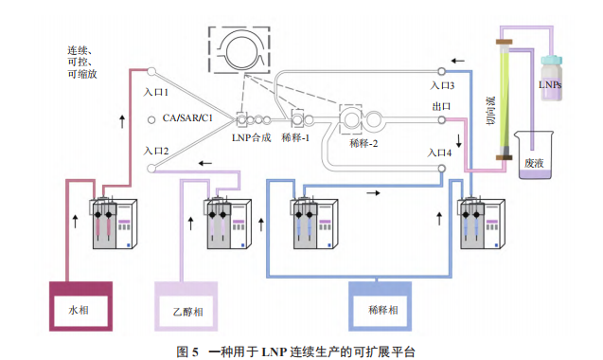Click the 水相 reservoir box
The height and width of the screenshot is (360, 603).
click(80, 308)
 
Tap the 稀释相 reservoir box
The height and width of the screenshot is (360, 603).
click(381, 308)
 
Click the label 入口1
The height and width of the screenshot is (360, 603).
click(156, 93)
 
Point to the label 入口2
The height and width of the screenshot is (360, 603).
click(156, 151)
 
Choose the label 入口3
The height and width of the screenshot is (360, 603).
click(441, 85)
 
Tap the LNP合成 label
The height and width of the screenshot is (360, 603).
click(251, 136)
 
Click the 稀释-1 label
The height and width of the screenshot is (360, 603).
click(300, 136)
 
